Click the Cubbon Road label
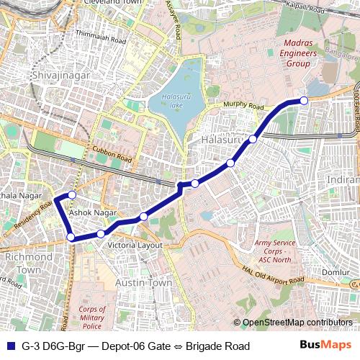coord(112,153)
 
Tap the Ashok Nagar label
coord(93,213)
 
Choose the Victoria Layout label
coord(135,246)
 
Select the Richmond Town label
coord(28,263)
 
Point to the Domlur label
coord(336,272)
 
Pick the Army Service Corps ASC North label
coord(274,251)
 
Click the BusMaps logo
coord(325,346)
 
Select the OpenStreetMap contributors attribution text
coord(297,323)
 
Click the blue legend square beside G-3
coord(9,346)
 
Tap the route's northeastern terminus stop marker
coord(304,100)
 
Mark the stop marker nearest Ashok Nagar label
coord(72,195)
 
